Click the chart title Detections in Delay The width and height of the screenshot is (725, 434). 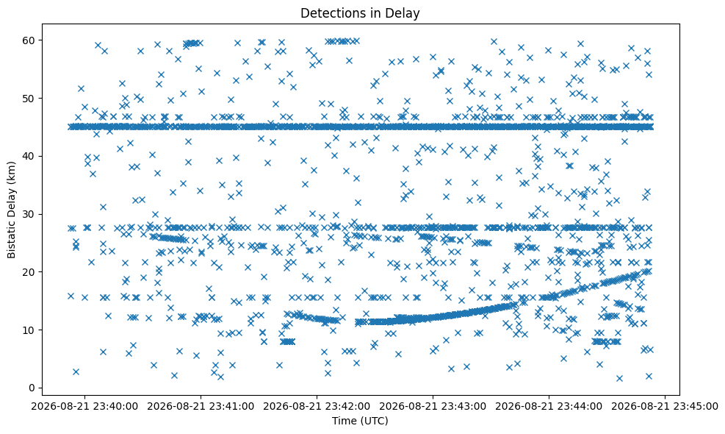(x=360, y=13)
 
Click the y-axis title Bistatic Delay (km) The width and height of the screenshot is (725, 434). (x=11, y=210)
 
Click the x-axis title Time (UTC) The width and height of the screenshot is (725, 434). (x=360, y=421)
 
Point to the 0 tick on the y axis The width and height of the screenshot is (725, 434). (x=32, y=388)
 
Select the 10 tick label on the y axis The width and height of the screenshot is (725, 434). (x=29, y=330)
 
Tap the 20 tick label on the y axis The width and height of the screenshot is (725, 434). (x=29, y=272)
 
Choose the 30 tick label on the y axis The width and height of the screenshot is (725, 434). (x=29, y=214)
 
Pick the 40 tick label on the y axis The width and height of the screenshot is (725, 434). (x=29, y=156)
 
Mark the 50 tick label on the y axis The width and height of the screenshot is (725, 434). (x=29, y=98)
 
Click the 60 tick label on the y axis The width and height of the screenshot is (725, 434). (x=29, y=40)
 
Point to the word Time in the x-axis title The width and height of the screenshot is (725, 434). (x=342, y=421)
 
